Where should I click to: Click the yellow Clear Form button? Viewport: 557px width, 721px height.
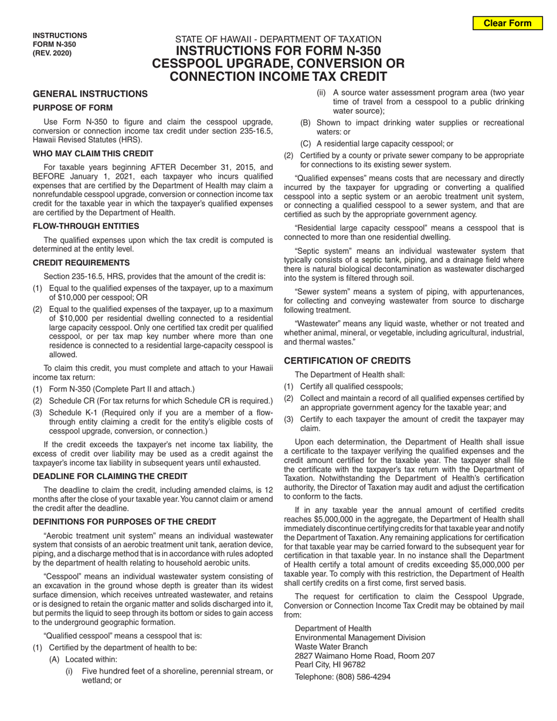click(507, 23)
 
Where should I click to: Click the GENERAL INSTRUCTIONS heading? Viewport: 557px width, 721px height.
click(90, 94)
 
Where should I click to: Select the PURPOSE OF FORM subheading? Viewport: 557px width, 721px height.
click(73, 108)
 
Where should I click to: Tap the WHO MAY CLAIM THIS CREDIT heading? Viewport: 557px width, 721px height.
click(93, 154)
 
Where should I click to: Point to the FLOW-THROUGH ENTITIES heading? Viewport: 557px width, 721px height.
click(86, 226)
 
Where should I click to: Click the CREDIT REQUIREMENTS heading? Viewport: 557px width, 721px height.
click(81, 263)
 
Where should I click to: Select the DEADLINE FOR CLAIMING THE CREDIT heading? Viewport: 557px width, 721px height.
click(110, 476)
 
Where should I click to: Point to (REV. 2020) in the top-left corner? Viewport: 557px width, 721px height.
click(52, 53)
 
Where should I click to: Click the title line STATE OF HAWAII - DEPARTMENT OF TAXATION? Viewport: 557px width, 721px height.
click(278, 39)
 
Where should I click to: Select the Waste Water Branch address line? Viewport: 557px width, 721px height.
click(331, 647)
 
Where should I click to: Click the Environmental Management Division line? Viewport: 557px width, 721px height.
click(360, 637)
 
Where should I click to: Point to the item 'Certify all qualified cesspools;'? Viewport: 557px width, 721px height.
click(351, 386)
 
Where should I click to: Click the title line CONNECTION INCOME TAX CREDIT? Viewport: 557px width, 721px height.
click(278, 76)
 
